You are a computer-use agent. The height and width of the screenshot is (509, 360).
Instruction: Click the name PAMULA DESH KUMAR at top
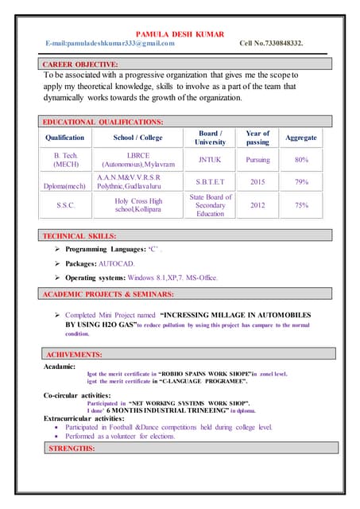[180, 34]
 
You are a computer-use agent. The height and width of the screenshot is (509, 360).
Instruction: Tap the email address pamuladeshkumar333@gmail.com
[110, 44]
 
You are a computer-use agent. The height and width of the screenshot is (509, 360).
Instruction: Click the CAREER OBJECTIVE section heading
[81, 64]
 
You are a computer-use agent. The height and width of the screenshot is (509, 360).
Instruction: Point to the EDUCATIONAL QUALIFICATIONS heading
[104, 122]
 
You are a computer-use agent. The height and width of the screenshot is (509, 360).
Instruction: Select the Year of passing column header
[257, 138]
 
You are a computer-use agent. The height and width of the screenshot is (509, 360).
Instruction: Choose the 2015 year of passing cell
[257, 182]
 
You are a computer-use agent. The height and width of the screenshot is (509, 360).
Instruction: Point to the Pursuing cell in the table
[257, 160]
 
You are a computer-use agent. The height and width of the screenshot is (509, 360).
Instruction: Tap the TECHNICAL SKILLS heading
[80, 236]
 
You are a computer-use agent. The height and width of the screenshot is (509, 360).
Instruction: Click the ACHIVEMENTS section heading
[74, 354]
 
